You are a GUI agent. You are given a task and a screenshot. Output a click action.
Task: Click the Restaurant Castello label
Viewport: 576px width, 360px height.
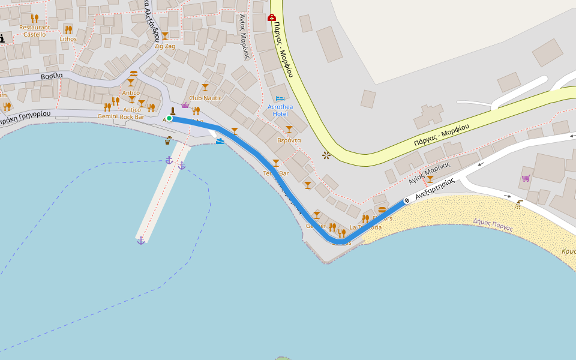click(x=35, y=31)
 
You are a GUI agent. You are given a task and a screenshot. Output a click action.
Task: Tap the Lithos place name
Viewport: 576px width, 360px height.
click(x=68, y=39)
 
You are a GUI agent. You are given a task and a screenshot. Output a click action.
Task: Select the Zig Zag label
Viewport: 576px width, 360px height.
click(x=164, y=46)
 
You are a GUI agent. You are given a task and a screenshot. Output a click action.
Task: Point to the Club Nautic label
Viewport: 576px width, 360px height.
click(x=205, y=98)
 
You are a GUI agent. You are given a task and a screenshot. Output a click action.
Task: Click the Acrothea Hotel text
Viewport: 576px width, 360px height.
click(x=280, y=110)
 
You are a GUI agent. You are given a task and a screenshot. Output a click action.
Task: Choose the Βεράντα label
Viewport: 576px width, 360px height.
click(x=289, y=140)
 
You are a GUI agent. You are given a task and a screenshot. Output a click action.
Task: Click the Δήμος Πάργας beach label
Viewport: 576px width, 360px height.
click(x=493, y=224)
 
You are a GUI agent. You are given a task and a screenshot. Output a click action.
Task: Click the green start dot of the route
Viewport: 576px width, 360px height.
click(x=169, y=118)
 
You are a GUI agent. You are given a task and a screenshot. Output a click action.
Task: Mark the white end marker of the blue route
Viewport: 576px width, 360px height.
click(x=407, y=200)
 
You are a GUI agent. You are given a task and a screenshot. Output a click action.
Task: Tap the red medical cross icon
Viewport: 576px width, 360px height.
click(x=271, y=17)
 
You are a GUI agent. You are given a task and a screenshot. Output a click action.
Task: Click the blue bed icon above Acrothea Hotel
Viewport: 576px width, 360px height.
click(x=280, y=98)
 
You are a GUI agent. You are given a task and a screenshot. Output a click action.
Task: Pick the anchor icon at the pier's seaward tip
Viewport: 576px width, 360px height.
click(x=141, y=241)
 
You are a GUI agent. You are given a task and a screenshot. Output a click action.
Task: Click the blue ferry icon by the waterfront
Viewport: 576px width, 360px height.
click(x=220, y=141)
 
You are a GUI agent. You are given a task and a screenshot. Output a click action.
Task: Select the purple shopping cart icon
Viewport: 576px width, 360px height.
click(x=526, y=178)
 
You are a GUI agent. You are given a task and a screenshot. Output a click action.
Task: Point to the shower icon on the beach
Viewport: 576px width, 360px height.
click(x=518, y=204)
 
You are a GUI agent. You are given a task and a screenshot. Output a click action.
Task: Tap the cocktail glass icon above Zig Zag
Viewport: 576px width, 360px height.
click(x=164, y=35)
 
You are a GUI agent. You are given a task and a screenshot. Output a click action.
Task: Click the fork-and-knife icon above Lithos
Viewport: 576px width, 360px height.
click(x=68, y=29)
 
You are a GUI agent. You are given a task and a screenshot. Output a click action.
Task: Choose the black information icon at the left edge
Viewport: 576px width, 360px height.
click(x=2, y=38)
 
